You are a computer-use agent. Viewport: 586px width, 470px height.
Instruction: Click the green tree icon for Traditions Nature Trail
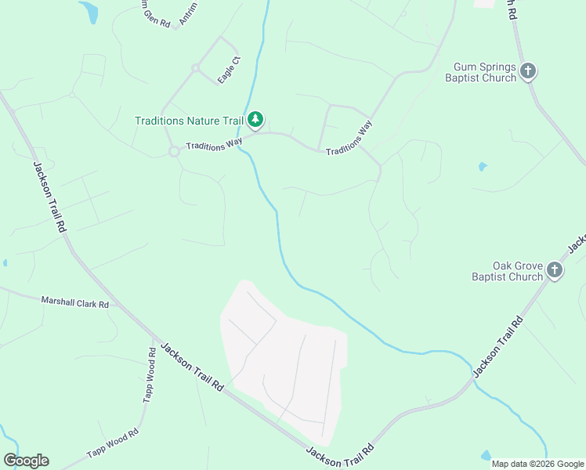255,121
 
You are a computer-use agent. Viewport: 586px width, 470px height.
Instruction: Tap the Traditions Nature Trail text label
189,121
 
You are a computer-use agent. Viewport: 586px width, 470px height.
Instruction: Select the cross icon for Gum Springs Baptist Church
528,72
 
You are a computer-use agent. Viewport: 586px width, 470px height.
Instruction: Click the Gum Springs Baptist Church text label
480,72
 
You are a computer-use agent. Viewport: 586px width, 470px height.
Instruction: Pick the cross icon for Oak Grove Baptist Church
555,271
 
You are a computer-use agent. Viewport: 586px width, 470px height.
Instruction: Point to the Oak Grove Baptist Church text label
507,271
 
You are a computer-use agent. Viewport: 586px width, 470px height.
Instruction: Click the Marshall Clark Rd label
74,302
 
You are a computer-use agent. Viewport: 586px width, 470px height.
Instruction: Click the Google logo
26,461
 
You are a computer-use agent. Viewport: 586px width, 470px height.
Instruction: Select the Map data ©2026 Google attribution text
537,464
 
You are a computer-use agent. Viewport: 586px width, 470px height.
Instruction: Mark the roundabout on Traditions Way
174,152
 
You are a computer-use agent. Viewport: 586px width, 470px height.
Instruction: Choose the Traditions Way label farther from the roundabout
349,138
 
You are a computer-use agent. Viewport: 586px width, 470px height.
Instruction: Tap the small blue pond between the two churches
483,166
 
